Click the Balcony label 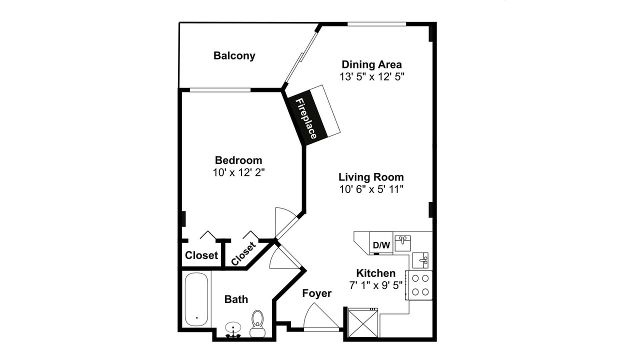234,55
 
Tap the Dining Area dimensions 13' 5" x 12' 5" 371,76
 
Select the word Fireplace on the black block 306,118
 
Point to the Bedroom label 238,160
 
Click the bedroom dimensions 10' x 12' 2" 238,172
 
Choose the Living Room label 371,177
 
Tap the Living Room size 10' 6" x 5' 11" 371,189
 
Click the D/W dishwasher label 381,245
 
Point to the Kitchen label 375,273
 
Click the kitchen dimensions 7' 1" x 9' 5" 375,285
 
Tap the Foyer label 317,293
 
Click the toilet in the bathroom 257,324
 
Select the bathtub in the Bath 196,299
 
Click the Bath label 236,299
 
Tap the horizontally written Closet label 201,255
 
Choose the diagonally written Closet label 243,253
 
